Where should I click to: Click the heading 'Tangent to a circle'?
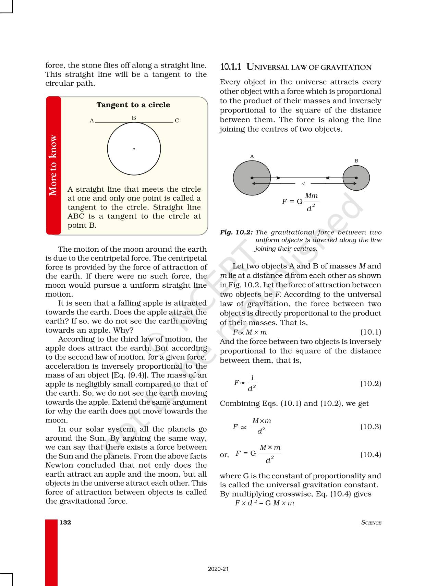(133, 105)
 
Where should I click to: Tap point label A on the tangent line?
(92, 121)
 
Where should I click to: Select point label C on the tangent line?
(177, 121)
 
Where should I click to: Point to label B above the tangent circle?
(134, 118)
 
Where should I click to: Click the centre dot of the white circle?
(134, 149)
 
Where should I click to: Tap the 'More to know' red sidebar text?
(53, 165)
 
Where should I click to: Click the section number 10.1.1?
(231, 67)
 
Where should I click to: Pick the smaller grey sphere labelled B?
(356, 178)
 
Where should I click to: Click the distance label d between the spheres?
(303, 184)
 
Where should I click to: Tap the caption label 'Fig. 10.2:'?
(236, 232)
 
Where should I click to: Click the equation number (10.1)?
(371, 332)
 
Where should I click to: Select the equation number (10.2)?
(371, 383)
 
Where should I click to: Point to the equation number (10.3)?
(371, 427)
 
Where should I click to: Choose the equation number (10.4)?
(371, 454)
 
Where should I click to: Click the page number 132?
(65, 522)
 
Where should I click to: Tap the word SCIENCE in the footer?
(371, 523)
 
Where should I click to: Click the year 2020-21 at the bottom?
(218, 569)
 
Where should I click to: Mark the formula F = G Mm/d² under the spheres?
(301, 202)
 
